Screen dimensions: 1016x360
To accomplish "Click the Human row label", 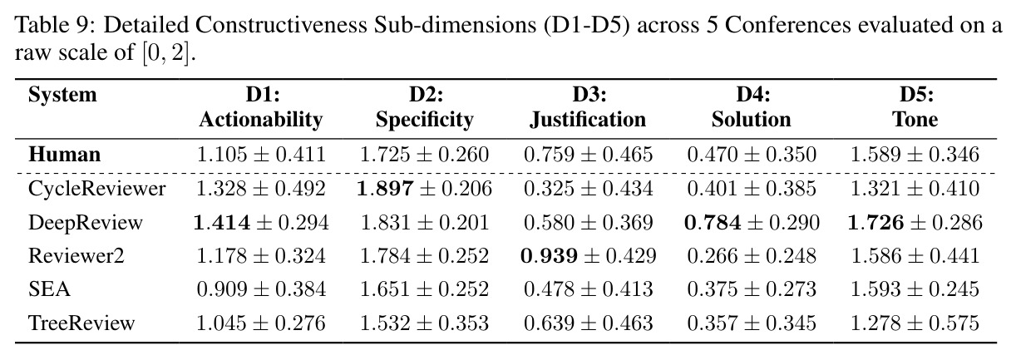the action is point(64,155).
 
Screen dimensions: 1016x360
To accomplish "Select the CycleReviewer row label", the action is point(97,189).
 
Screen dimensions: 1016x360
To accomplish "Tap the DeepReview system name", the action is point(86,222).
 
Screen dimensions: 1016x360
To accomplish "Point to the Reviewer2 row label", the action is point(76,256).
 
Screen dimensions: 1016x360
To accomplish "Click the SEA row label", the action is point(49,289).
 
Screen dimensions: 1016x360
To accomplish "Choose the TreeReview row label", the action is point(81,323).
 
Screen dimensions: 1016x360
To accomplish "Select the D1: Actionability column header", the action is point(261,107).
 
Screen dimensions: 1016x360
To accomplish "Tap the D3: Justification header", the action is point(589,107).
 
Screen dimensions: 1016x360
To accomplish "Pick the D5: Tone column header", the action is point(915,107).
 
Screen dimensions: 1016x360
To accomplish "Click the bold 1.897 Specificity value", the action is point(385,189).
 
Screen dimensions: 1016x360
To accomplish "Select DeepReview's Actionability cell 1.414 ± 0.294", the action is point(261,222).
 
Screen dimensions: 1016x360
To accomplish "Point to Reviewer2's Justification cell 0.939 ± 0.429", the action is point(589,256).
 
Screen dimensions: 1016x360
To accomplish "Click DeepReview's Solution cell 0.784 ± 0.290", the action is point(752,222).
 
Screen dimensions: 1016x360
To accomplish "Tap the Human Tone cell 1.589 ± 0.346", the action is point(915,155).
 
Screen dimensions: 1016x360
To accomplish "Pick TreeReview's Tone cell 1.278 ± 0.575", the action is point(915,323).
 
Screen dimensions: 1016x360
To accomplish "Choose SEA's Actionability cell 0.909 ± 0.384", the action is point(261,289).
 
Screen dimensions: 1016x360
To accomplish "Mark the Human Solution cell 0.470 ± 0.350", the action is point(752,155).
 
